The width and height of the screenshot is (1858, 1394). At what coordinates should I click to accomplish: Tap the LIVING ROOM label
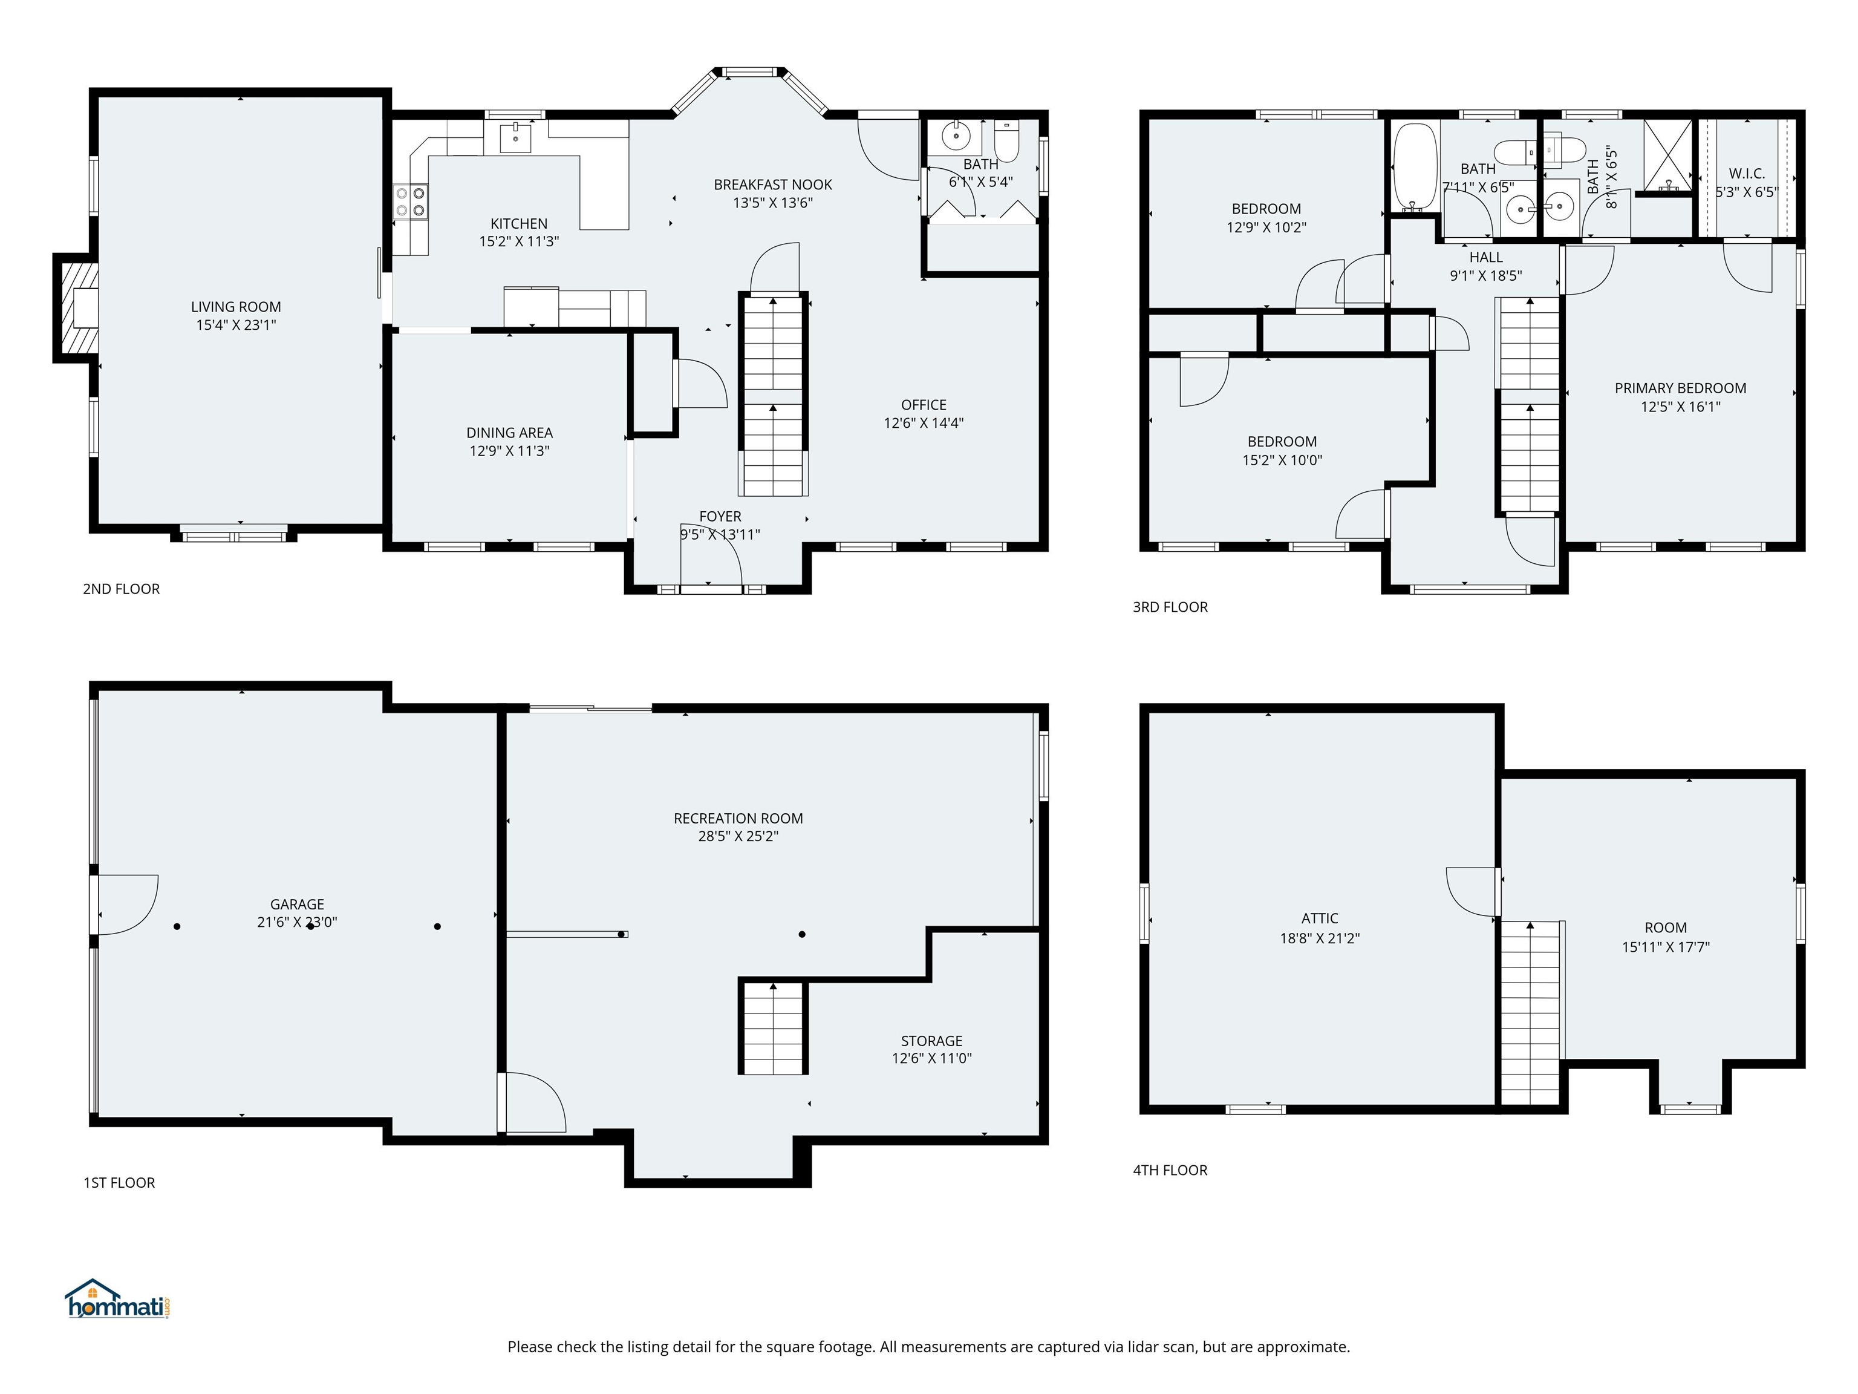click(x=236, y=307)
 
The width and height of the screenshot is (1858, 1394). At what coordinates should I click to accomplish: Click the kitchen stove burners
click(x=410, y=200)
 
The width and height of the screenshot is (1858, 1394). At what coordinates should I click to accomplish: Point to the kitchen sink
click(x=515, y=137)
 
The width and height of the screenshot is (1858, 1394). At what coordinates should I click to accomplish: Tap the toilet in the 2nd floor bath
click(x=1006, y=140)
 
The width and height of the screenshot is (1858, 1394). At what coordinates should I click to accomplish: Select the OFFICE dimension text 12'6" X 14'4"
click(x=923, y=423)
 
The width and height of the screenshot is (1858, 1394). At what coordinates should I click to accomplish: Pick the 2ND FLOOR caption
click(x=121, y=589)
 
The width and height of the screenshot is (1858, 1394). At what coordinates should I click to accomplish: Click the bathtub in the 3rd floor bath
click(x=1415, y=166)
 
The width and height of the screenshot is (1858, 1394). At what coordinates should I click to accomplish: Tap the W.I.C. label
click(x=1746, y=174)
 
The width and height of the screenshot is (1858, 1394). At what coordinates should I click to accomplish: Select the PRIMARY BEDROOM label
click(x=1680, y=388)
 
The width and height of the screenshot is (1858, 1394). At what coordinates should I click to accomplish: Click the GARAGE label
click(x=298, y=904)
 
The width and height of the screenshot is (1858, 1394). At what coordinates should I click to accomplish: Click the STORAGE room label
click(x=931, y=1040)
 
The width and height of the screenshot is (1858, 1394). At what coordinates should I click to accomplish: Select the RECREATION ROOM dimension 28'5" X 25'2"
click(x=738, y=836)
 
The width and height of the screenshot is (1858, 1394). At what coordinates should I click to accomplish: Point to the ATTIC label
click(x=1320, y=918)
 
